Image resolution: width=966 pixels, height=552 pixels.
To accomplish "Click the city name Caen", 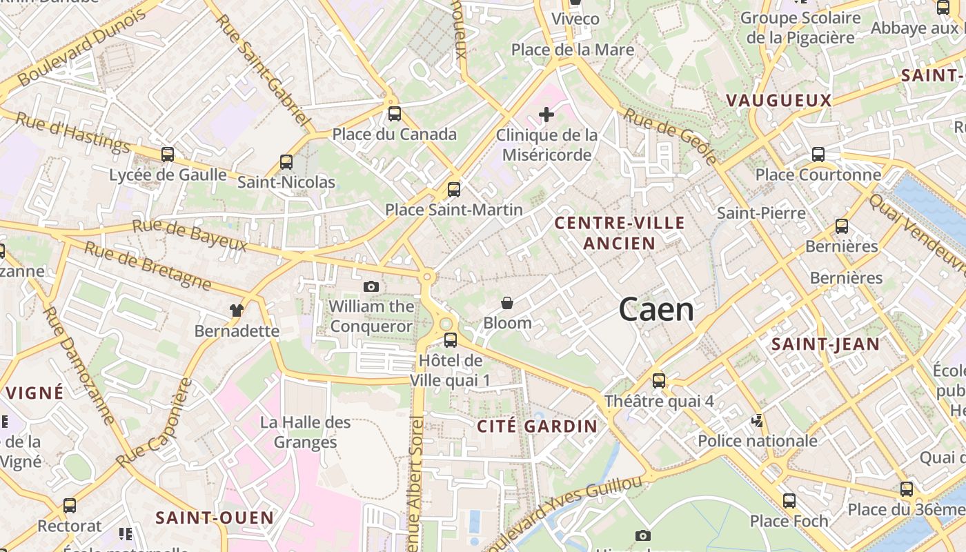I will (656, 310).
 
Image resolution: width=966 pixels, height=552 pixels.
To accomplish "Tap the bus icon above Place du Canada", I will (395, 114).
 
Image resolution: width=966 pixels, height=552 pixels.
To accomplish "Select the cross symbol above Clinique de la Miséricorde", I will (546, 114).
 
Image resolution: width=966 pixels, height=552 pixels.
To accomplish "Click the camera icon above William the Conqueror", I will (371, 286).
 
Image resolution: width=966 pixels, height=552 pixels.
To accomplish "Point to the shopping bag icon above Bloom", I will (507, 303).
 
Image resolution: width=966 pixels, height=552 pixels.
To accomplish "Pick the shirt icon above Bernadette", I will (237, 310).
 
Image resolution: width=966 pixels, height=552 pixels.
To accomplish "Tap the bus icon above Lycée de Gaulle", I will (168, 155).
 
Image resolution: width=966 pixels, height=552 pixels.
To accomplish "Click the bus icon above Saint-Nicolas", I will (286, 162).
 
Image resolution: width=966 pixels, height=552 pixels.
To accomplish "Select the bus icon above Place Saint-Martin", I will (454, 189).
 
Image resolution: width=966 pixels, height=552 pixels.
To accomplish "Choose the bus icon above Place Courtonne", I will (818, 155).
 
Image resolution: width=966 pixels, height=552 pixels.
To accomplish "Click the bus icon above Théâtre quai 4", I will (659, 381).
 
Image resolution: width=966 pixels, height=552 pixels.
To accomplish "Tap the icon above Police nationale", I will (758, 420).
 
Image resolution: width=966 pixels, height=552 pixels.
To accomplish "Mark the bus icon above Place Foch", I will (789, 501).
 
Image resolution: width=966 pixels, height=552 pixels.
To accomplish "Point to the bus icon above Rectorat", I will (70, 506).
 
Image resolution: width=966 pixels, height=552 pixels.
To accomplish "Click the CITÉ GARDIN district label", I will (538, 426).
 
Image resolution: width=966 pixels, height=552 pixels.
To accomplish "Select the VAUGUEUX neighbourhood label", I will (778, 101).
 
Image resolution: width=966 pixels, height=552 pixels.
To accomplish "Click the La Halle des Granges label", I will (306, 432).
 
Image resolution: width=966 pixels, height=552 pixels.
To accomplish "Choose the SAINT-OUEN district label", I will (215, 517).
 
